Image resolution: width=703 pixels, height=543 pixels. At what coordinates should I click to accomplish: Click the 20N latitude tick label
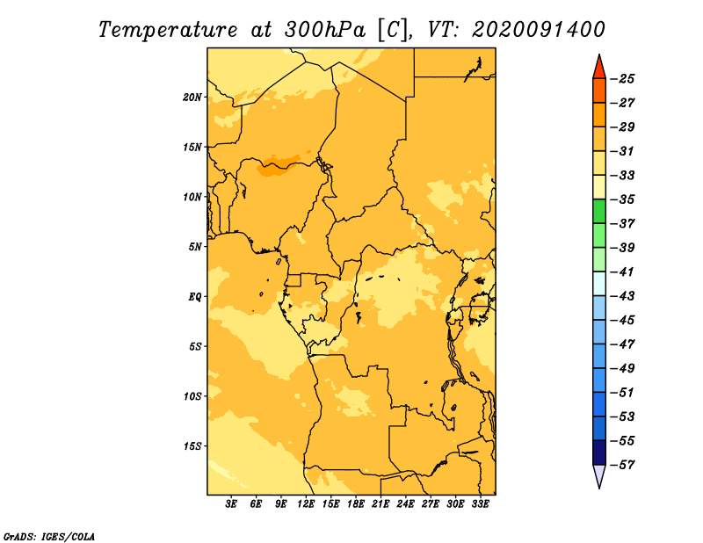(x=192, y=98)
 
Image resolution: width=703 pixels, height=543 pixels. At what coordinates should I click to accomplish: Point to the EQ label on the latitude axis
(x=195, y=297)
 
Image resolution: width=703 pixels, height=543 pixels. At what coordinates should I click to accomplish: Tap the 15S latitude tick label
(x=192, y=446)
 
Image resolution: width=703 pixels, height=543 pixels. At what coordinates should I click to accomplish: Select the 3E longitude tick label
(x=231, y=504)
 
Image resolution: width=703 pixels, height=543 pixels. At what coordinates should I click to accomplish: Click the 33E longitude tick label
(x=480, y=504)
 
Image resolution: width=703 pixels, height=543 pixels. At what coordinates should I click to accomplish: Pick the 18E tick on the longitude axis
(x=356, y=504)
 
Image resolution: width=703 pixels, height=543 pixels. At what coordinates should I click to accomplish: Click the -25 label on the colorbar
(x=622, y=79)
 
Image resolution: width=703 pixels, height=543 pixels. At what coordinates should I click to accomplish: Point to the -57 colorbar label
(x=622, y=465)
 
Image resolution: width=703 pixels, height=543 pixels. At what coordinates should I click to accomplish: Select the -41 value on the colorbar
(x=622, y=271)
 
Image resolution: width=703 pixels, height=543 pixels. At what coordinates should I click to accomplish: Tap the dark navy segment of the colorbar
(x=599, y=452)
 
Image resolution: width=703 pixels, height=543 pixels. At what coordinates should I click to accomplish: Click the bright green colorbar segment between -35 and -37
(x=599, y=211)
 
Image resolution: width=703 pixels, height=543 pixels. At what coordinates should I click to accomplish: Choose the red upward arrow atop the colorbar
(x=599, y=67)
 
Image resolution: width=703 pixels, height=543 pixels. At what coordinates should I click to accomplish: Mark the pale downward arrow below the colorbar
(x=599, y=476)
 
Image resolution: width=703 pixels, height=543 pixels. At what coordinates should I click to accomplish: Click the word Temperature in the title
(x=167, y=30)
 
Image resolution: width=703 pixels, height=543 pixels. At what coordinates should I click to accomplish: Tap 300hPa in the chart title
(x=324, y=30)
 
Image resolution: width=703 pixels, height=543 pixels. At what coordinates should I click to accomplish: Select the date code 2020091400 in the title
(x=539, y=30)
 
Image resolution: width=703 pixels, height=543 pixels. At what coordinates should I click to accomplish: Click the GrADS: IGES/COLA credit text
(x=48, y=537)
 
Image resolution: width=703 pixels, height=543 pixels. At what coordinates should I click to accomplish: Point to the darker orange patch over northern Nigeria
(x=279, y=166)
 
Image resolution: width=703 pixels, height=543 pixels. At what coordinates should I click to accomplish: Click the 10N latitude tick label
(x=192, y=197)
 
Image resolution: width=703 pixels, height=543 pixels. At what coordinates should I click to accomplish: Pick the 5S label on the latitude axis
(x=195, y=346)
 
